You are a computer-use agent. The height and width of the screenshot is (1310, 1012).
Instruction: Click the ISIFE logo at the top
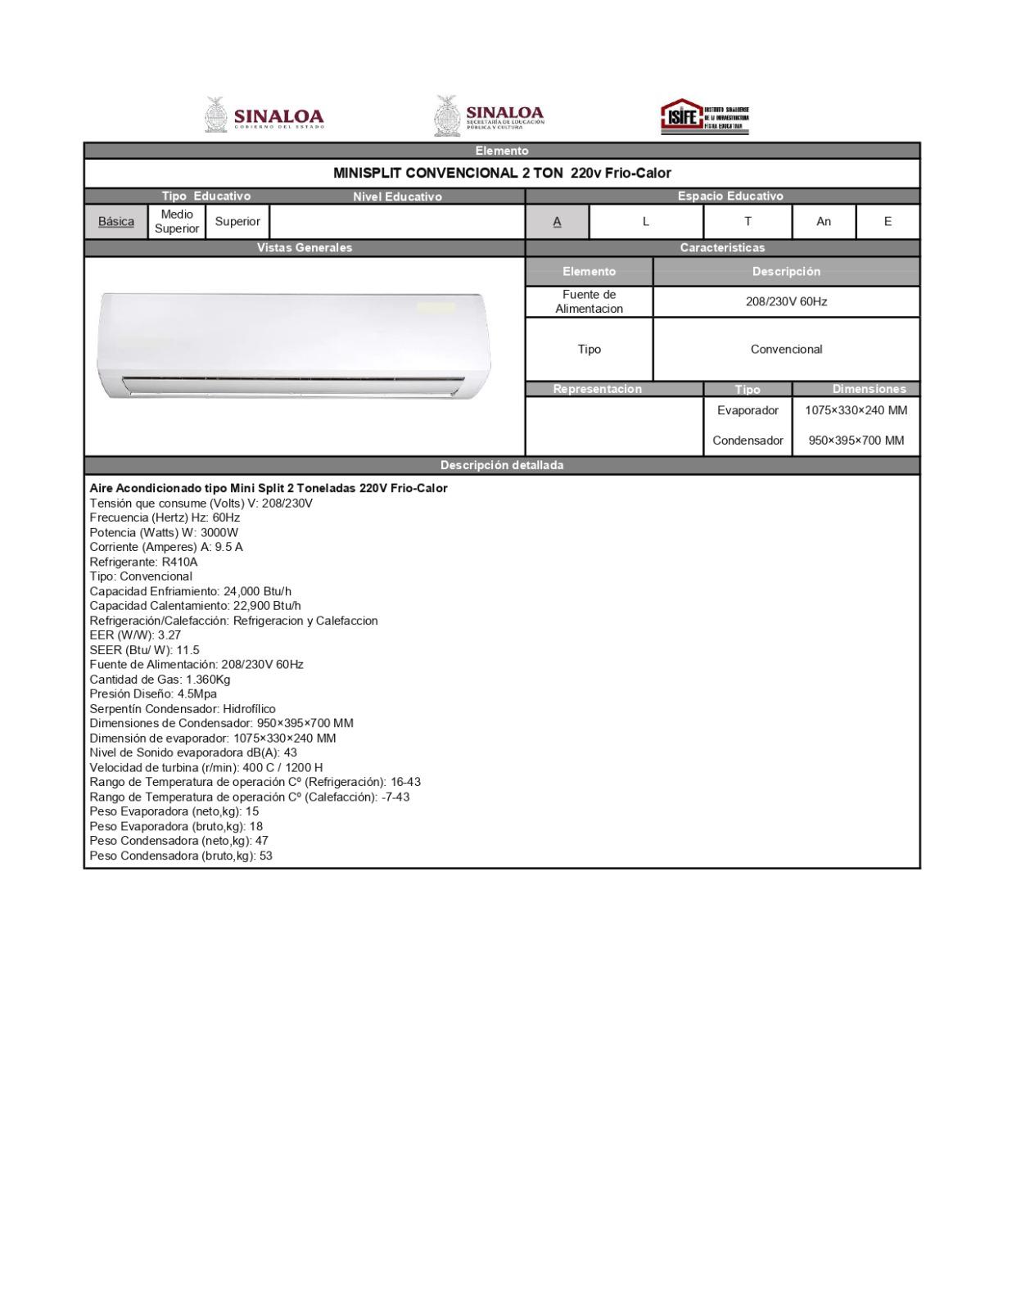tap(703, 116)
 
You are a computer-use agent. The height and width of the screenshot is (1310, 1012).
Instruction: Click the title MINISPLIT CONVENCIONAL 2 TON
tap(502, 173)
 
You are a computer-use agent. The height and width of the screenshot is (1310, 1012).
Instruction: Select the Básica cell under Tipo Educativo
tap(116, 221)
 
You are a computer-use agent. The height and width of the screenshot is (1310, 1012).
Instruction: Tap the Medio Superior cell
tap(177, 221)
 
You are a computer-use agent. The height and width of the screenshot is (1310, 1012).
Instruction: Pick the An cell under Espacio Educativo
tap(824, 221)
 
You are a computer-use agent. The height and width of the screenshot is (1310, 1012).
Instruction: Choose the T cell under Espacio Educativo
tap(748, 221)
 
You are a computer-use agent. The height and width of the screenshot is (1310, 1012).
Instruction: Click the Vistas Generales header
tap(305, 247)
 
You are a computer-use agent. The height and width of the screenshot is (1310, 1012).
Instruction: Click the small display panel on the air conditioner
tap(436, 308)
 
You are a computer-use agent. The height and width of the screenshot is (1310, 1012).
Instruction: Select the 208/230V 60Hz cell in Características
tap(786, 301)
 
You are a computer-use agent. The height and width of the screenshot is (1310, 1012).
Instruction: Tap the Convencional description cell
tap(786, 349)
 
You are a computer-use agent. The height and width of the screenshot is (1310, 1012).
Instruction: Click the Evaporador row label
tap(748, 410)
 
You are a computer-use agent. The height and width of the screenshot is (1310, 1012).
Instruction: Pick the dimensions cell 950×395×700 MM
tap(856, 440)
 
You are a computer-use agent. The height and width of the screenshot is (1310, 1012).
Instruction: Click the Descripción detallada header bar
tap(502, 465)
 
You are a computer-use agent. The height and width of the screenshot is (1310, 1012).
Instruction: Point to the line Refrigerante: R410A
tap(144, 562)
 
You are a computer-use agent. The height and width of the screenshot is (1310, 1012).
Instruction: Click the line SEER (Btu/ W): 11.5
tap(144, 650)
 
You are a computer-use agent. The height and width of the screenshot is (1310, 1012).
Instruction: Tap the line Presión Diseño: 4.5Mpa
tap(153, 693)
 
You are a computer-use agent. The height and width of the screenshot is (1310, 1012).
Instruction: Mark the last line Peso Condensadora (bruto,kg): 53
tap(181, 856)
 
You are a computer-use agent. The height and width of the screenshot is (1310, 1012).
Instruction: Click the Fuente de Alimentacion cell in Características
tap(590, 301)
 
